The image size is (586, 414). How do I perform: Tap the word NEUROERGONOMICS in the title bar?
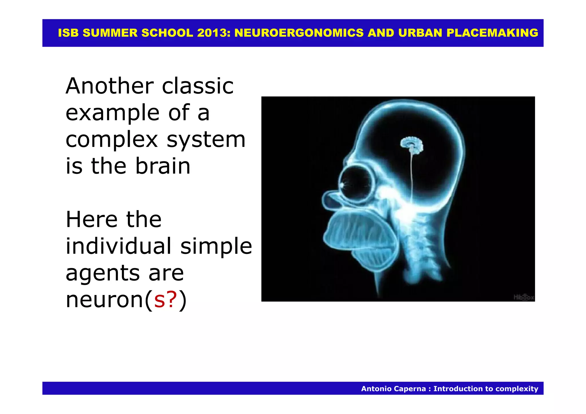coord(299,33)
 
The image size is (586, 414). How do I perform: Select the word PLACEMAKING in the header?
coord(492,33)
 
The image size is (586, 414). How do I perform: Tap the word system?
coord(206,140)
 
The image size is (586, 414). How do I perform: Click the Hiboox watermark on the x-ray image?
coord(524,297)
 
